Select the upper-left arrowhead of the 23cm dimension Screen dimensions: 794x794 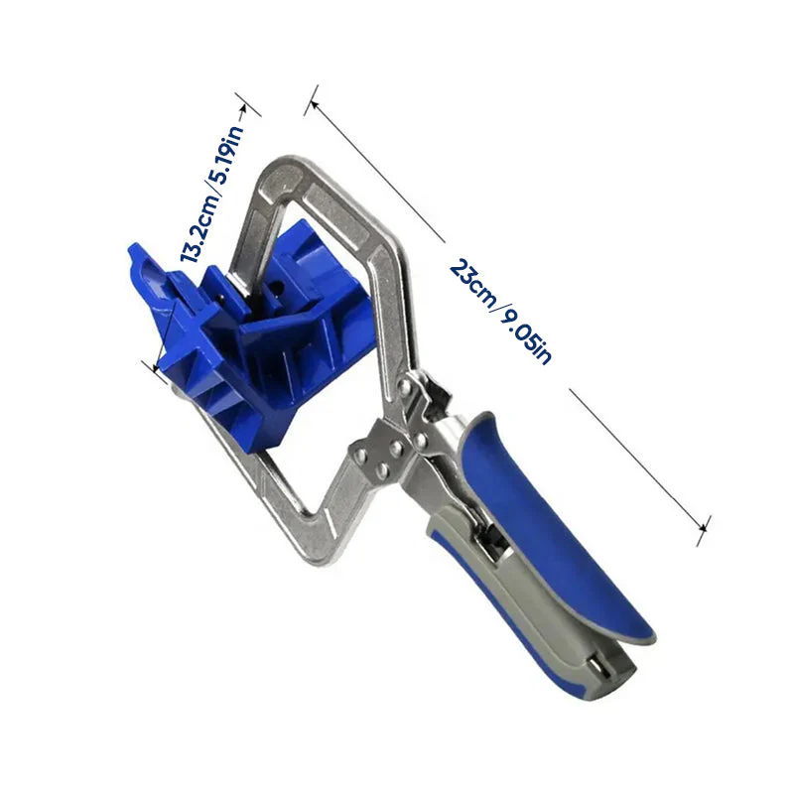(x=314, y=104)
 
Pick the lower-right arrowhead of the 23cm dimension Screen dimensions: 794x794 (x=702, y=528)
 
